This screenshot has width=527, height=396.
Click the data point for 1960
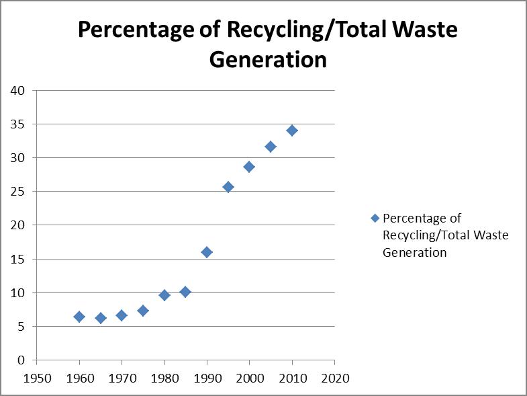point(79,317)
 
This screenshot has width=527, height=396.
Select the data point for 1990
point(207,252)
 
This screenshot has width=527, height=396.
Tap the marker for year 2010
point(292,130)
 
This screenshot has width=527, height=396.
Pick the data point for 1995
point(228,187)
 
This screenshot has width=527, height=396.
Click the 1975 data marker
point(143,311)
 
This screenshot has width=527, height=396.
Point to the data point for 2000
point(249,167)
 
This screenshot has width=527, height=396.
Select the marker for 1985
point(185,292)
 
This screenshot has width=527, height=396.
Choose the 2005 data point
point(271,147)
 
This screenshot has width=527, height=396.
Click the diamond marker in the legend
point(375,219)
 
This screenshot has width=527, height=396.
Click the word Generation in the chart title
point(268,60)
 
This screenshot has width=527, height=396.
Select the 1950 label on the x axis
point(37,378)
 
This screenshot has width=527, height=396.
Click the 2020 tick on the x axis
point(334,378)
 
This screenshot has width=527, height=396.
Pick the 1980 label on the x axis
point(164,378)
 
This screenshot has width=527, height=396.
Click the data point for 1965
point(101,318)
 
